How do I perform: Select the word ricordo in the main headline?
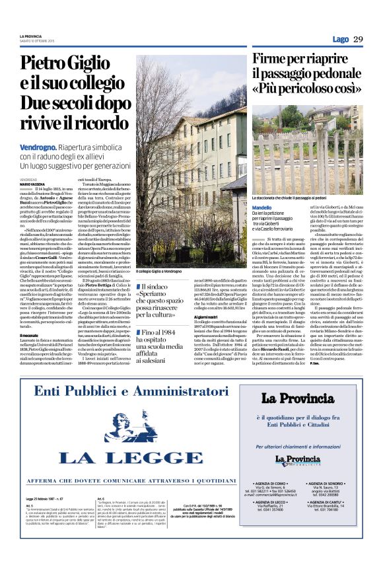pos(95,126)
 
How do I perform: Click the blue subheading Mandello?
pos(262,207)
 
